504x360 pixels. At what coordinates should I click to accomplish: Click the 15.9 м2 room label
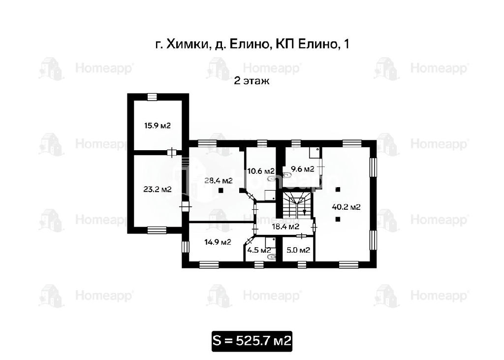pyautogui.click(x=157, y=126)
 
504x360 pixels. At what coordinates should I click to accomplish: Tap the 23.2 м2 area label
pyautogui.click(x=157, y=190)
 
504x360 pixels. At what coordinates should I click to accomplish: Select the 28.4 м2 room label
pyautogui.click(x=219, y=181)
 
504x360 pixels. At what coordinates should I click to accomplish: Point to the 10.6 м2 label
pyautogui.click(x=261, y=171)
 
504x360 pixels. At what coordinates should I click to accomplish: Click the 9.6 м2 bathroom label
pyautogui.click(x=303, y=169)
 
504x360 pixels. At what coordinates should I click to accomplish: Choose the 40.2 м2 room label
pyautogui.click(x=346, y=207)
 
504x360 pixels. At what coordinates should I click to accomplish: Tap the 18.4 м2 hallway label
pyautogui.click(x=286, y=227)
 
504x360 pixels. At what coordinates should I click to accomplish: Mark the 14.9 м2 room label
pyautogui.click(x=218, y=242)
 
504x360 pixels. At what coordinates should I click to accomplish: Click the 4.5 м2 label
pyautogui.click(x=259, y=250)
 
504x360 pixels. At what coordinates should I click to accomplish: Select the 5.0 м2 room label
pyautogui.click(x=298, y=250)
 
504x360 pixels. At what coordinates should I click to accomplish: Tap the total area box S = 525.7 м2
pyautogui.click(x=252, y=341)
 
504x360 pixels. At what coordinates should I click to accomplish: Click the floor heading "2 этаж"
pyautogui.click(x=252, y=81)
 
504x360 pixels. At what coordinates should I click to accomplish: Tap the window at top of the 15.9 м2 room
pyautogui.click(x=152, y=97)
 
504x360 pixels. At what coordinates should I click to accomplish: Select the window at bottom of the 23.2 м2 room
pyautogui.click(x=157, y=230)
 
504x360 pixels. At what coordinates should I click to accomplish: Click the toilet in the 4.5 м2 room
pyautogui.click(x=272, y=257)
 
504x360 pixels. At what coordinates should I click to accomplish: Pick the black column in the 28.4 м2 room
pyautogui.click(x=221, y=191)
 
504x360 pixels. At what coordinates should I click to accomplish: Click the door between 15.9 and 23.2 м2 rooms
pyautogui.click(x=173, y=153)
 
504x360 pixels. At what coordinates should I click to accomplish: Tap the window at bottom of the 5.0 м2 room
pyautogui.click(x=302, y=264)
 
